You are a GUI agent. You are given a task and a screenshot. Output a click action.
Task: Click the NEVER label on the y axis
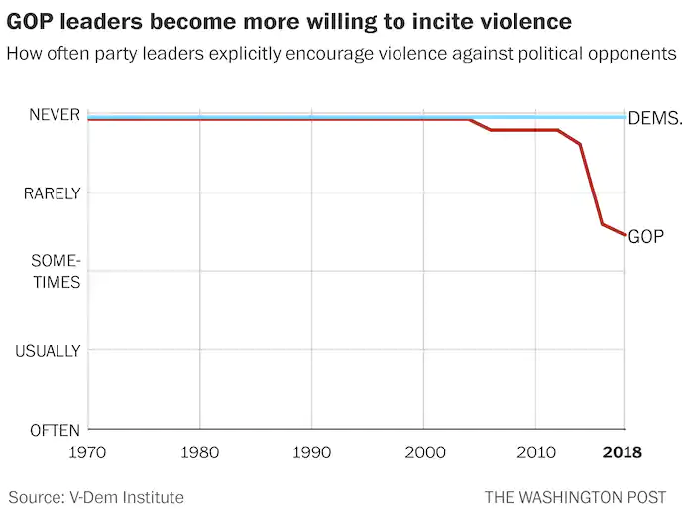click(x=53, y=115)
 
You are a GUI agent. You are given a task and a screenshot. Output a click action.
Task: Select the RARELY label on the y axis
click(x=52, y=193)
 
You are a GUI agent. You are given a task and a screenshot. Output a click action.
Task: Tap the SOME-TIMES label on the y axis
click(x=55, y=271)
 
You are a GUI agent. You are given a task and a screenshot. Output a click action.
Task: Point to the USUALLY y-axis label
click(x=48, y=350)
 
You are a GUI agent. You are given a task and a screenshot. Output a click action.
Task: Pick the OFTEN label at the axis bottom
click(x=54, y=429)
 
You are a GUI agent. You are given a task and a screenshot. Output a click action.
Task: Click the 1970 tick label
click(x=88, y=452)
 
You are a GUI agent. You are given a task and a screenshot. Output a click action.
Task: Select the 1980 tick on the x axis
click(x=200, y=452)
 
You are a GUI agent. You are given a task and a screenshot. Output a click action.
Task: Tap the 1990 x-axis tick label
click(x=312, y=452)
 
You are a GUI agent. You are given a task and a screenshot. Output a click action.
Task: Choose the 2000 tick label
click(x=424, y=452)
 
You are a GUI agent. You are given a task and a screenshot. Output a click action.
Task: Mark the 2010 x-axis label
click(x=536, y=452)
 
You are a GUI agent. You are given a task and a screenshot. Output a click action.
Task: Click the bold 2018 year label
click(x=624, y=452)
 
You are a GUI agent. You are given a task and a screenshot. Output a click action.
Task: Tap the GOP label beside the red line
click(x=646, y=236)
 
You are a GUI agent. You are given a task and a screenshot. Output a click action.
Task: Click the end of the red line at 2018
click(x=624, y=234)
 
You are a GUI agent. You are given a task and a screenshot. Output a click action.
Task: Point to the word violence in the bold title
click(x=526, y=20)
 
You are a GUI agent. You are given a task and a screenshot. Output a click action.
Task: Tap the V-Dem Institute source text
click(x=129, y=496)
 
